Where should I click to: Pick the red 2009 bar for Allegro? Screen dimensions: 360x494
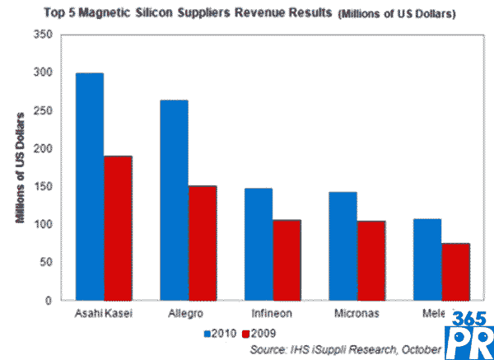[x=203, y=243]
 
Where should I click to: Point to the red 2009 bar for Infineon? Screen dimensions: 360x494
[x=287, y=259]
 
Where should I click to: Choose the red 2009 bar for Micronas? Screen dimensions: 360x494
[x=371, y=260]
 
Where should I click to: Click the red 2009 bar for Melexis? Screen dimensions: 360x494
[x=455, y=272]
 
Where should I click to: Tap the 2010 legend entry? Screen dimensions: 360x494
[x=219, y=334]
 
